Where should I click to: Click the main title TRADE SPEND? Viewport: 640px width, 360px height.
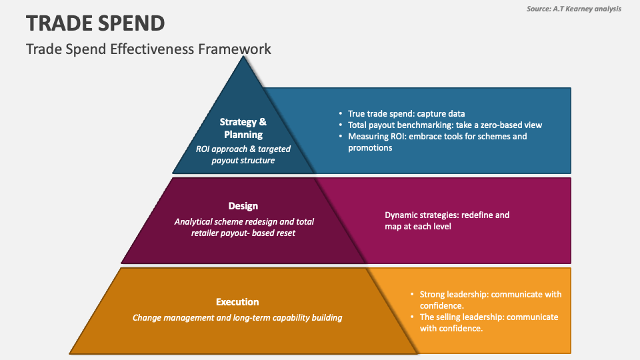tap(95, 23)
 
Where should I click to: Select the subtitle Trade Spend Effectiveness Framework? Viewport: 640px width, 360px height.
tap(149, 49)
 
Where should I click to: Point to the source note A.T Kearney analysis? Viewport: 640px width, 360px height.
tap(573, 8)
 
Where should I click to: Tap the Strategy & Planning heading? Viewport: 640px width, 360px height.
tap(243, 128)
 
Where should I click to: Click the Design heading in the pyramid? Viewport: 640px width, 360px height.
tap(243, 206)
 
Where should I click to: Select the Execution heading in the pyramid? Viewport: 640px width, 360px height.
tap(237, 302)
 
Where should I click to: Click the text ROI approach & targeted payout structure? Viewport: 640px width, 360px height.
tap(243, 155)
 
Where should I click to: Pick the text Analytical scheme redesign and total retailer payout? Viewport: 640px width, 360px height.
tap(244, 227)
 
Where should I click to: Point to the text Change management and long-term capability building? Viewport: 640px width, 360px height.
tap(237, 317)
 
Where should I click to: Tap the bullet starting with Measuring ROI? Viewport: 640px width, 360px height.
tap(437, 141)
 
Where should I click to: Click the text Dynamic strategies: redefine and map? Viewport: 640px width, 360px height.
tap(447, 221)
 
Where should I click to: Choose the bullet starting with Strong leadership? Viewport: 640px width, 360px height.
tap(490, 299)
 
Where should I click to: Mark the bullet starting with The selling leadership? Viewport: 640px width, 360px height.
tap(489, 322)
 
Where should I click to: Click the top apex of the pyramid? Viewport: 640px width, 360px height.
tap(244, 59)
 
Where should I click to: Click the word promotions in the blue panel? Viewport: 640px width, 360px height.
tap(370, 147)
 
